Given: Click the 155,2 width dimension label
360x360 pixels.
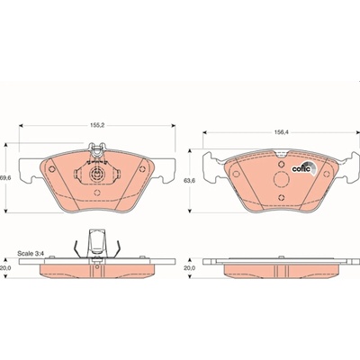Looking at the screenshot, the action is [x=97, y=126].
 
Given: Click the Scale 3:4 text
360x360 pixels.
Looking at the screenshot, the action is [x=31, y=253].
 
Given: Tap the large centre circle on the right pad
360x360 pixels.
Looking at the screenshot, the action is [x=282, y=180].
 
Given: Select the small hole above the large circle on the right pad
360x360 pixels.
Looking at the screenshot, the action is [x=281, y=164].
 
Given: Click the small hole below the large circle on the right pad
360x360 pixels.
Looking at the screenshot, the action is [x=281, y=197].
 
